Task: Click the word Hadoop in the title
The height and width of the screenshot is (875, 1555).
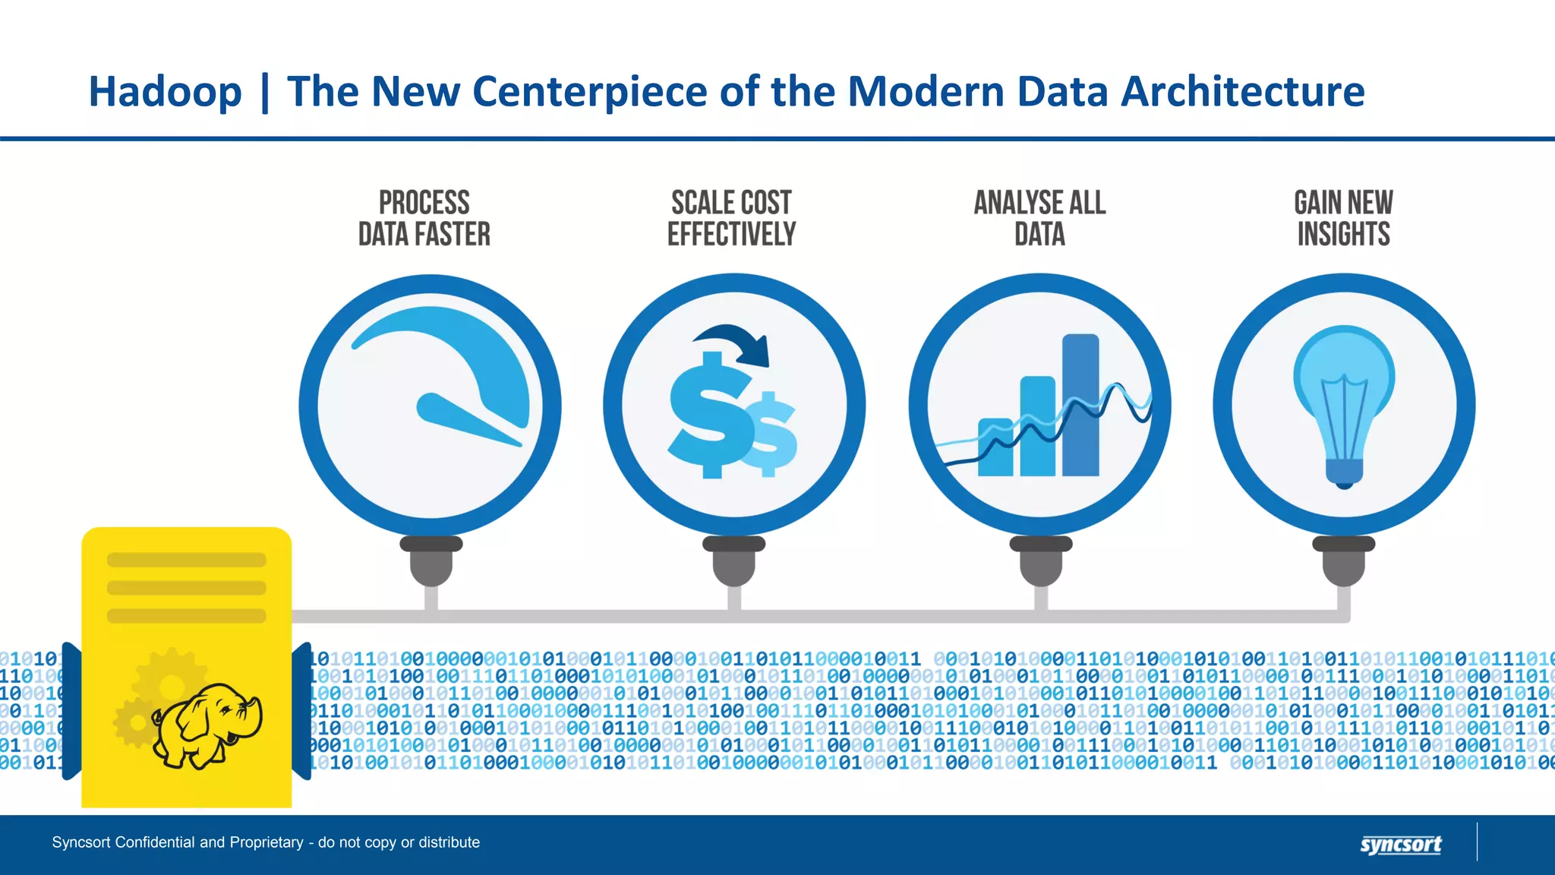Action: pyautogui.click(x=165, y=92)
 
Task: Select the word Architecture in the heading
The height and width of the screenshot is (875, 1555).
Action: pyautogui.click(x=1243, y=92)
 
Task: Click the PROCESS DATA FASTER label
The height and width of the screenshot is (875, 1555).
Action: pyautogui.click(x=424, y=219)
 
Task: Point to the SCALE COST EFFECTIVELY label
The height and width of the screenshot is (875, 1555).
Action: pyautogui.click(x=731, y=219)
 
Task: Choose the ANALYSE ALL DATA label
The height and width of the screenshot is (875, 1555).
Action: pyautogui.click(x=1039, y=219)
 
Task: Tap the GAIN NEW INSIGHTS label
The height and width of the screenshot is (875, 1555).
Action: pyautogui.click(x=1343, y=219)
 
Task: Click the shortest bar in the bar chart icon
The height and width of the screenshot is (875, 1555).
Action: pyautogui.click(x=995, y=448)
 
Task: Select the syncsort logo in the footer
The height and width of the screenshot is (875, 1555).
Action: pyautogui.click(x=1400, y=845)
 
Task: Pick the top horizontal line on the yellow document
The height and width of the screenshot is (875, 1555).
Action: pyautogui.click(x=187, y=561)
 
